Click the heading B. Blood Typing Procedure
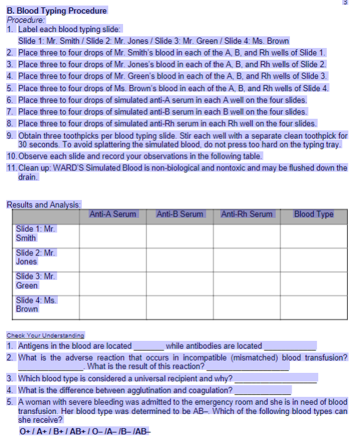(x=57, y=10)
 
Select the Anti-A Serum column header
(x=113, y=214)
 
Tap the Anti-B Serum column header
(x=180, y=214)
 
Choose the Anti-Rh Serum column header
(x=246, y=214)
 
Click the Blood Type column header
(x=314, y=214)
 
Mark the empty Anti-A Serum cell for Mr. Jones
(x=113, y=258)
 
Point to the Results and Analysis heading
(x=44, y=204)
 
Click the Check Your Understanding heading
(x=45, y=335)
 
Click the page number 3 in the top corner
(x=353, y=2)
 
